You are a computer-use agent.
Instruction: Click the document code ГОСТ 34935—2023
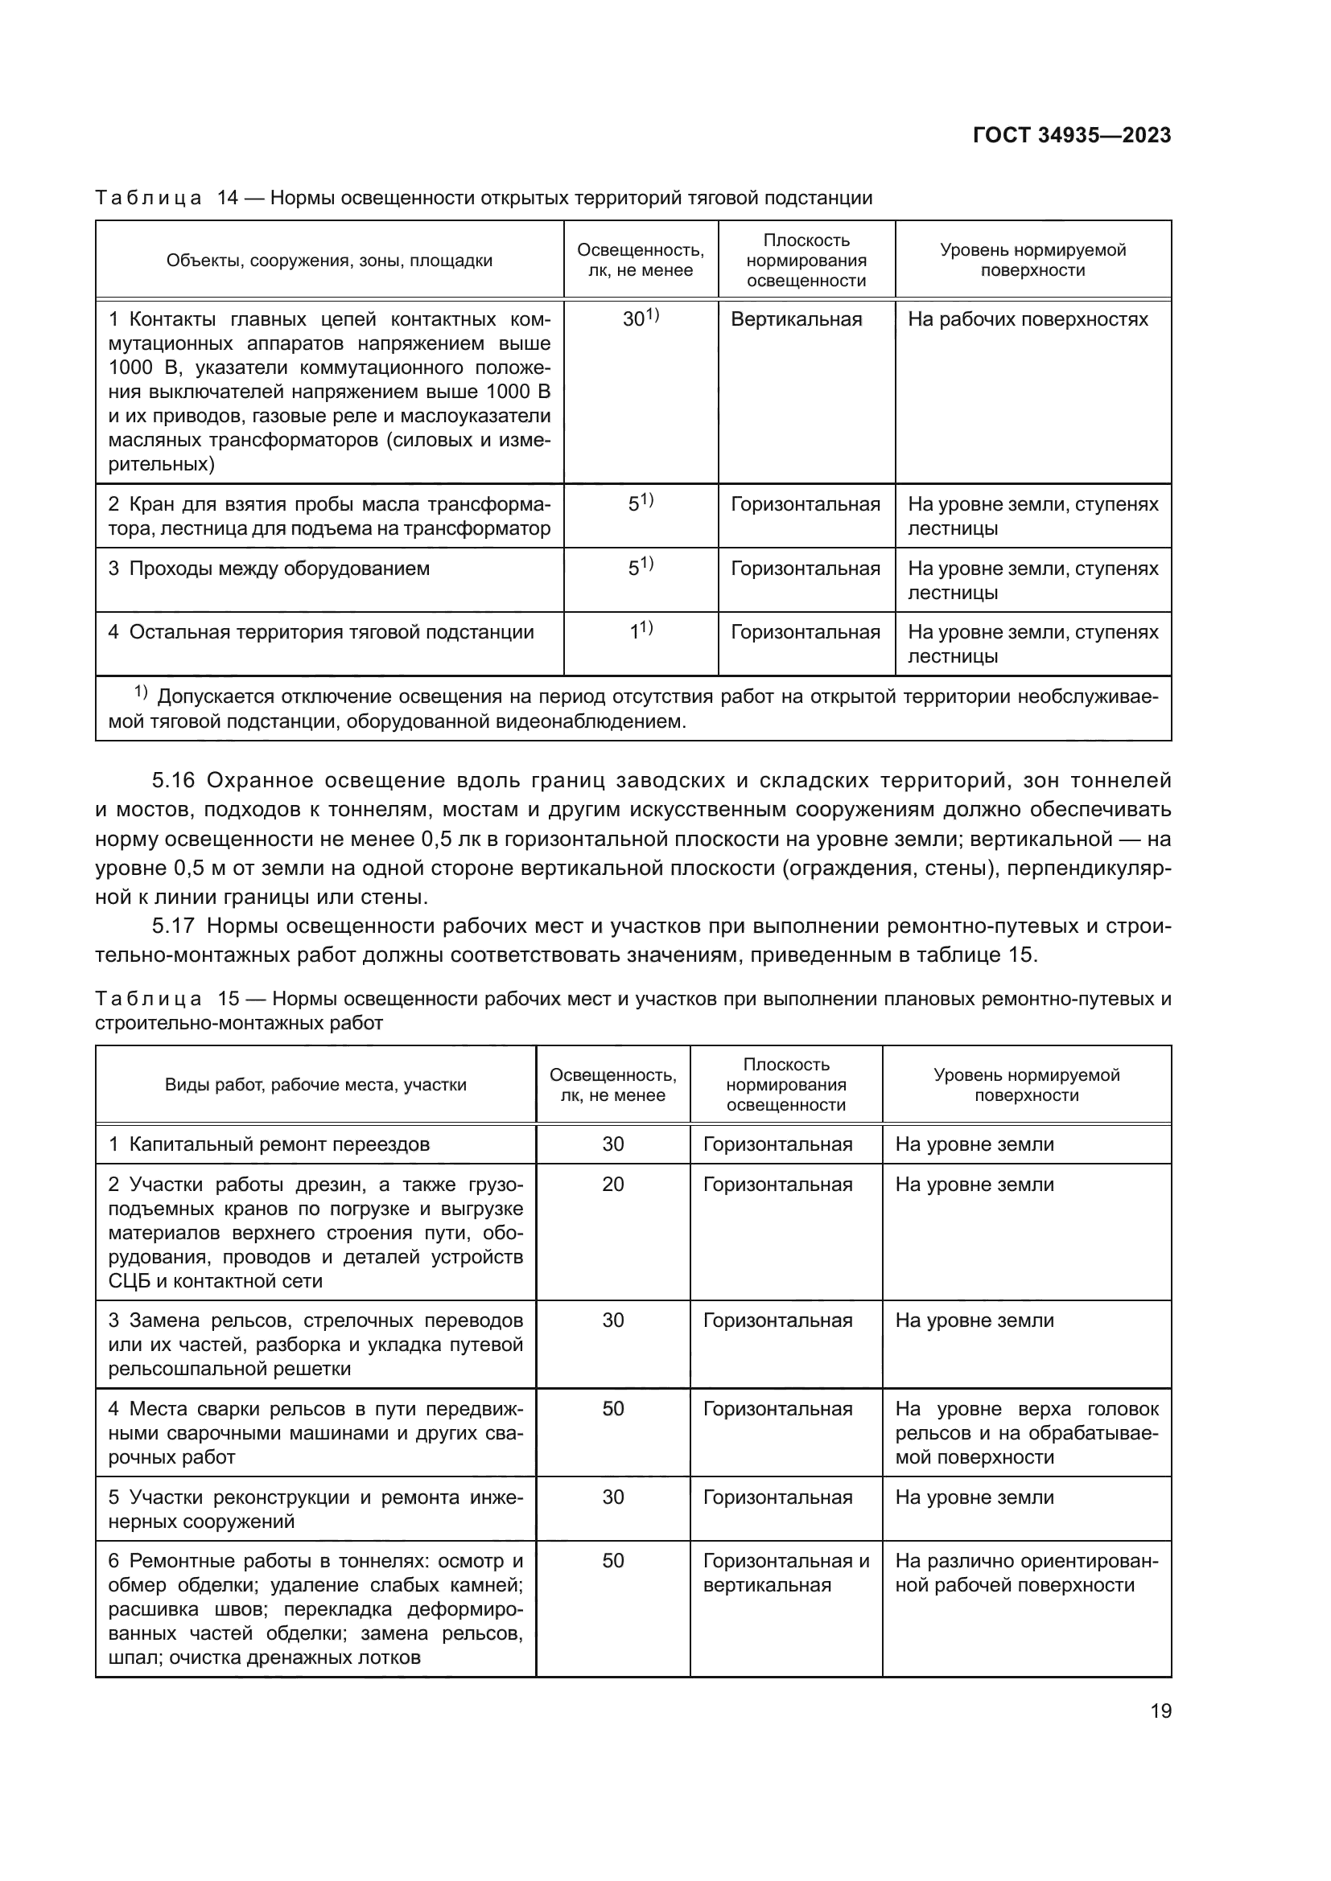click(x=1071, y=135)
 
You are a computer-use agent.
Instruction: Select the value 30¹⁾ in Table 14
click(x=640, y=318)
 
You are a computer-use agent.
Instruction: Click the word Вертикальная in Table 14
click(x=796, y=319)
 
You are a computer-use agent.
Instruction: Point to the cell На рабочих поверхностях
click(x=1028, y=319)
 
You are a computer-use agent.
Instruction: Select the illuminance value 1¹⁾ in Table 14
click(x=640, y=630)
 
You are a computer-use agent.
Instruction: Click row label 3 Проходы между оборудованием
click(x=269, y=569)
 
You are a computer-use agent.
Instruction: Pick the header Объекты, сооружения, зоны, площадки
click(x=329, y=261)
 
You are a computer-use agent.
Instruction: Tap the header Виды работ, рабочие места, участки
click(x=315, y=1085)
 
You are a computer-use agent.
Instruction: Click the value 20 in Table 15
click(x=613, y=1185)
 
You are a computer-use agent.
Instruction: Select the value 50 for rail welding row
click(x=613, y=1409)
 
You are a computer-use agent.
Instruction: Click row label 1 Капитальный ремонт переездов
click(x=269, y=1144)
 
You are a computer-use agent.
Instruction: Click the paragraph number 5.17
click(x=173, y=926)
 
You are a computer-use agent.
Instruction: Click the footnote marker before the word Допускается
click(x=140, y=693)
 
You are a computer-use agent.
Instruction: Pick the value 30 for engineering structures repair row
click(x=613, y=1497)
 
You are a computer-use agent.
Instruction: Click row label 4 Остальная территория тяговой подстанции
click(x=320, y=632)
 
